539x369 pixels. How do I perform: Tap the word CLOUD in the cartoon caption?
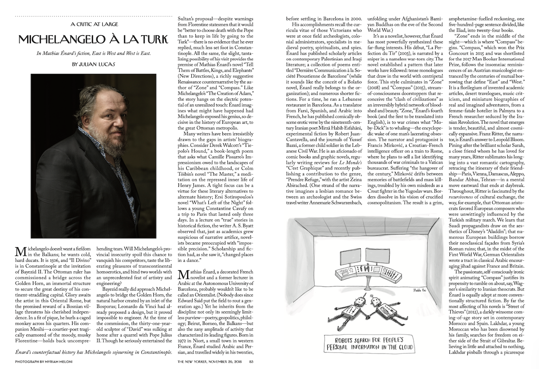(x=401, y=347)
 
